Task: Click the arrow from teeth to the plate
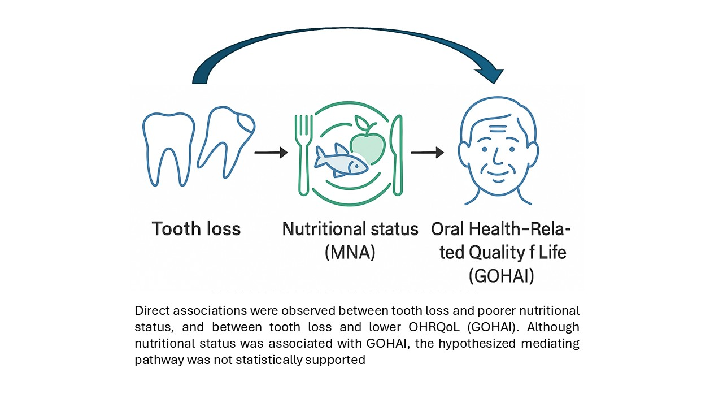click(x=271, y=153)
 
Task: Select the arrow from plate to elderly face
click(x=427, y=153)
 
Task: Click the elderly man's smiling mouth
click(x=497, y=171)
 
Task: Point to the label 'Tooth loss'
click(x=196, y=229)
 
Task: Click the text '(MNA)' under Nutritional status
click(x=350, y=252)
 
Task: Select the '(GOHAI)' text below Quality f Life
click(x=501, y=276)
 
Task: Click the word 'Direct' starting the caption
click(x=150, y=311)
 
